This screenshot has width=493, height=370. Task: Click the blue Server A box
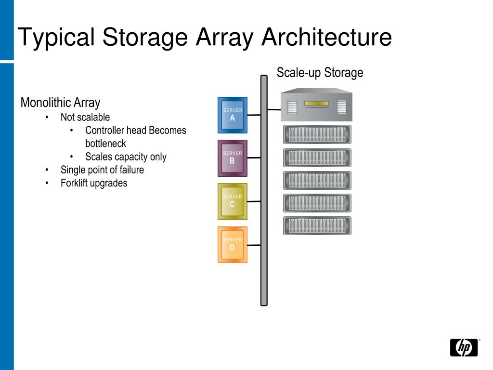(x=233, y=115)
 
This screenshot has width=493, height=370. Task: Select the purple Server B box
(x=233, y=158)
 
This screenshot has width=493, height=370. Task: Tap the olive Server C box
(x=233, y=201)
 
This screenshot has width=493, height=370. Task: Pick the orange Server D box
(x=233, y=245)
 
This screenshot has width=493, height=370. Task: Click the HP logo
(x=464, y=347)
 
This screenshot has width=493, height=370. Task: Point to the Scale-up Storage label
(x=320, y=73)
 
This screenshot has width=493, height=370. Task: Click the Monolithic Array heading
(x=60, y=103)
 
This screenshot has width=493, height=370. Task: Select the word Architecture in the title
(x=327, y=38)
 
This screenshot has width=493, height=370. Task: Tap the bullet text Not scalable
(x=85, y=117)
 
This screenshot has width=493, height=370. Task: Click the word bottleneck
(x=105, y=144)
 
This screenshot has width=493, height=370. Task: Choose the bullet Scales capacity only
(x=126, y=157)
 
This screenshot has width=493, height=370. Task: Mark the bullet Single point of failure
(x=102, y=170)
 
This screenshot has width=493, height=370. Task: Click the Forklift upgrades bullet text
(x=94, y=183)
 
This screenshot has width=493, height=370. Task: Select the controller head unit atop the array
(x=316, y=105)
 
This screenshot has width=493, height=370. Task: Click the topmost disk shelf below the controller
(x=317, y=134)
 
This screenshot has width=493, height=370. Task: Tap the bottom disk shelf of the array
(x=317, y=226)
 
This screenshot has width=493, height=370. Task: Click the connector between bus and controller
(x=274, y=109)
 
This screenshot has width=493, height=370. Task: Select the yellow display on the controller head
(x=316, y=103)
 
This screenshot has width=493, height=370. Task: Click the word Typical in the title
(x=56, y=38)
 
